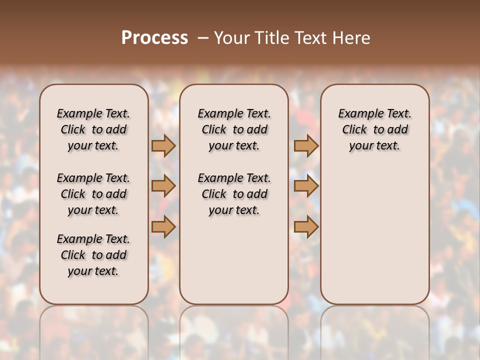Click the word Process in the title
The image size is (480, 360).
(x=154, y=38)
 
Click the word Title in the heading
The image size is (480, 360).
(x=270, y=38)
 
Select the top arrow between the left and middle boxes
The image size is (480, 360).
(x=163, y=146)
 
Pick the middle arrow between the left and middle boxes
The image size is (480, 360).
(x=163, y=186)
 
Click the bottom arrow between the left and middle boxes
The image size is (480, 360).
(x=163, y=227)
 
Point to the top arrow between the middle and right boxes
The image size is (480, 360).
(x=306, y=146)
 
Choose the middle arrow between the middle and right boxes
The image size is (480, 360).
(x=306, y=186)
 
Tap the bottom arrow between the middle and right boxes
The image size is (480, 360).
(x=306, y=227)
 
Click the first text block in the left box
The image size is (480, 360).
(x=93, y=129)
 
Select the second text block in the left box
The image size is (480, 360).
(x=93, y=194)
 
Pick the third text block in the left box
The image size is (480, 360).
(x=93, y=255)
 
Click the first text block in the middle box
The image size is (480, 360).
(x=234, y=129)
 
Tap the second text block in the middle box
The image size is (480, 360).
(x=234, y=194)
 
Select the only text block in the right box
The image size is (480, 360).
(x=374, y=129)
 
